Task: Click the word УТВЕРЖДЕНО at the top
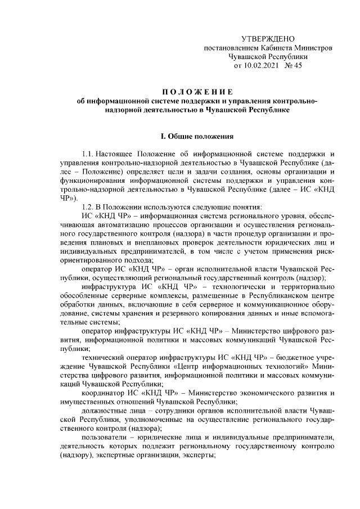(268, 39)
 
